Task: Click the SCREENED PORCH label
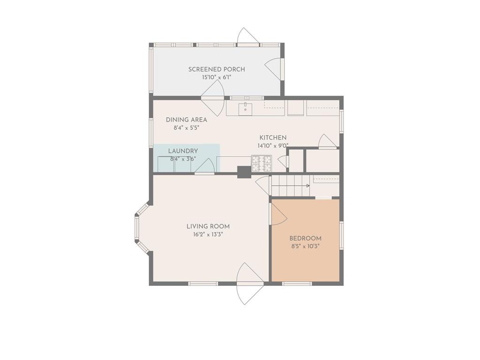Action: coord(217,69)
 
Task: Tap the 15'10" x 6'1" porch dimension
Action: coord(217,77)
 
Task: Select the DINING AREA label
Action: coord(187,120)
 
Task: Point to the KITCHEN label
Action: coord(273,138)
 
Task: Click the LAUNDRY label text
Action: coord(183,151)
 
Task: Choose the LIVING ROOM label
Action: coord(208,226)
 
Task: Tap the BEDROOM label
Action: coord(306,238)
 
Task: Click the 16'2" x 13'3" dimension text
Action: coord(208,235)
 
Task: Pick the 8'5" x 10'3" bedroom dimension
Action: coord(306,247)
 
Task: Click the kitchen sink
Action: coord(246,108)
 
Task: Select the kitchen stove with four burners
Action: coord(262,164)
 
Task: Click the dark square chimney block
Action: coord(244,172)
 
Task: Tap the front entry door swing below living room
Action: coord(248,284)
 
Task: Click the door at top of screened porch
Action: coord(248,37)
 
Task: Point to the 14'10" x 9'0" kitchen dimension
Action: coord(273,146)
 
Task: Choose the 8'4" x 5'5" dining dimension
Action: coord(187,128)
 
